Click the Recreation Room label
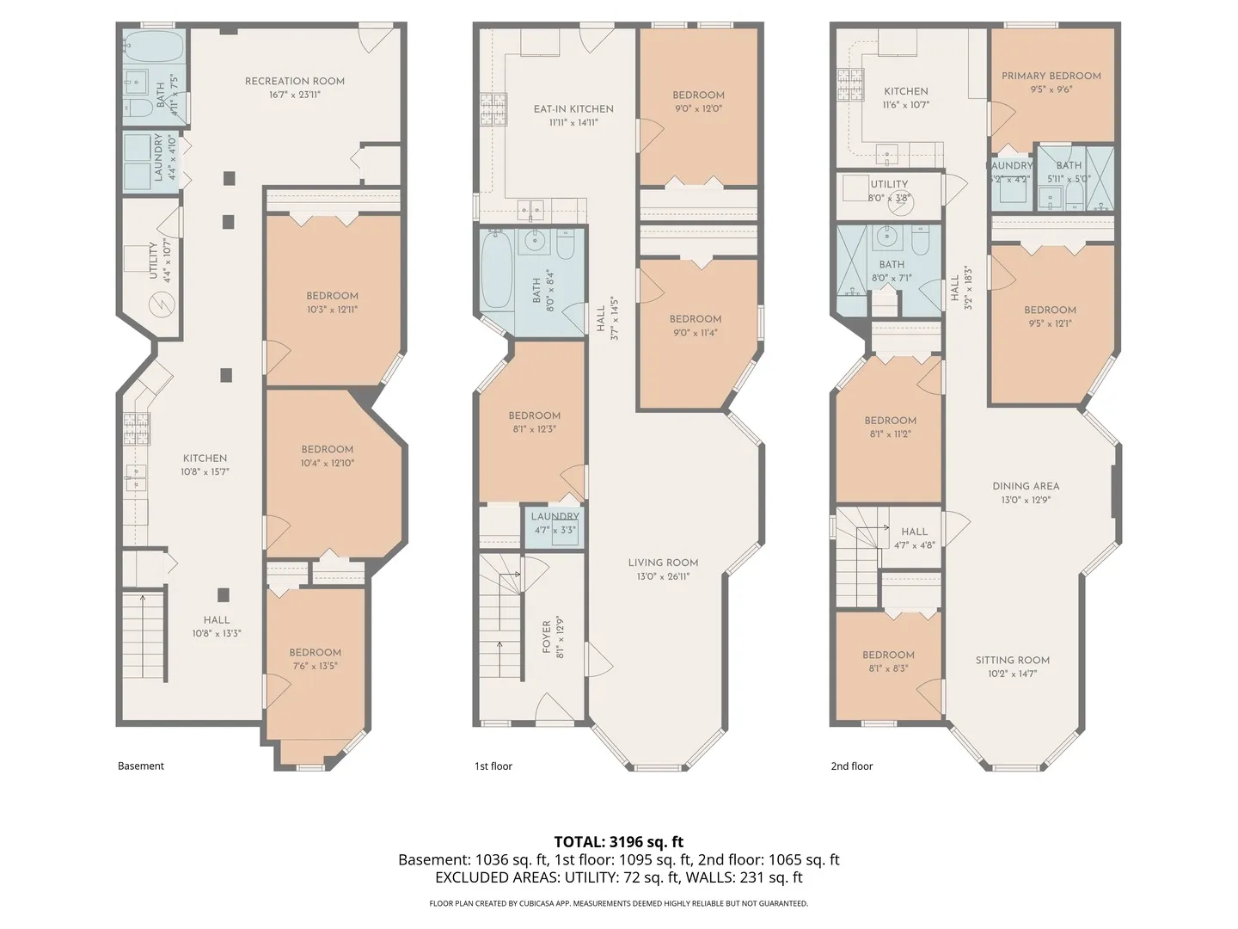[294, 81]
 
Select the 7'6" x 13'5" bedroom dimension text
[315, 666]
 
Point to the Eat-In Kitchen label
[573, 109]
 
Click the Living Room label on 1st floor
[663, 563]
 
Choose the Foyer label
[547, 637]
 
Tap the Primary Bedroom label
[1051, 76]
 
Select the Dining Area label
[1026, 486]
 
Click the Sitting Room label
[1013, 660]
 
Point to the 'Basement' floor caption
[141, 766]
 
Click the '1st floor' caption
[493, 766]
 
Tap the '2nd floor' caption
[852, 766]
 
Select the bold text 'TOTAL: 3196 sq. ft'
[619, 841]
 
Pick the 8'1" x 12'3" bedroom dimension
[535, 428]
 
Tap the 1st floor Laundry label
[555, 517]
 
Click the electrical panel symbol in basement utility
[162, 305]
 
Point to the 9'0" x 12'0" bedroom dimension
[698, 108]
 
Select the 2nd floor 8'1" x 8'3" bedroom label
[888, 655]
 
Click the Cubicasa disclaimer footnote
[619, 903]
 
